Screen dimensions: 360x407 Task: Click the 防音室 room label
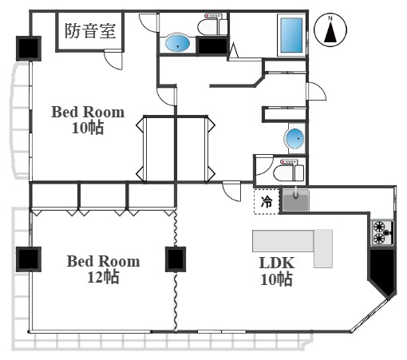pos(90,32)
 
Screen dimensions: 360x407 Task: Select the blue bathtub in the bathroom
pos(290,35)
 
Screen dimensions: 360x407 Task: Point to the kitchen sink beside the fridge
pos(294,201)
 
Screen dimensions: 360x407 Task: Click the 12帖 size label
pos(103,277)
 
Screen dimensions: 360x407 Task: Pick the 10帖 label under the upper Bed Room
pos(88,128)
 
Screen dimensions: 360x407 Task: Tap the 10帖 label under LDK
pos(275,279)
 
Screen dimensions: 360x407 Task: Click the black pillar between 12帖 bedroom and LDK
pos(176,259)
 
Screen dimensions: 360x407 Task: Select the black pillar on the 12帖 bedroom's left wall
pos(28,259)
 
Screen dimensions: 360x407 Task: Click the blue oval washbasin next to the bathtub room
pos(176,44)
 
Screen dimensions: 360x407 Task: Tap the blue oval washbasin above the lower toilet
pos(294,140)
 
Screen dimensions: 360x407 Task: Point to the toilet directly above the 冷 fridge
pos(283,170)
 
